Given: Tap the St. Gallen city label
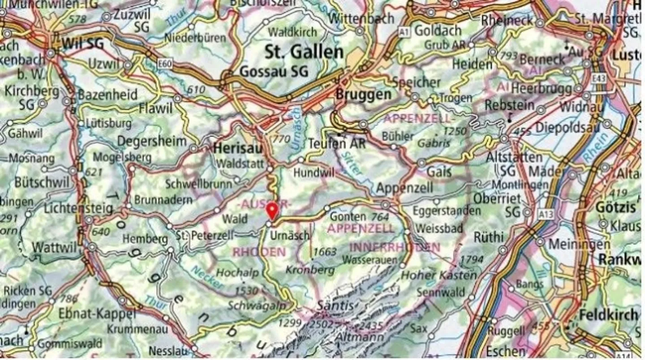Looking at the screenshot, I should point(304,52).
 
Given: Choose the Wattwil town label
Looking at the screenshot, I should point(56,247).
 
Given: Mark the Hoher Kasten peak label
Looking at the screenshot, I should point(438,275).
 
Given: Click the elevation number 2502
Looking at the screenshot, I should point(325,323).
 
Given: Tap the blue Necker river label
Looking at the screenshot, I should point(206,277).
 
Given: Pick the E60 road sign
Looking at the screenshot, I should point(165,64).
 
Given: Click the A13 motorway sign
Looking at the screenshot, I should point(546,214).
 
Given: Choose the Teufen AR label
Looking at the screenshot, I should point(337,143).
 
